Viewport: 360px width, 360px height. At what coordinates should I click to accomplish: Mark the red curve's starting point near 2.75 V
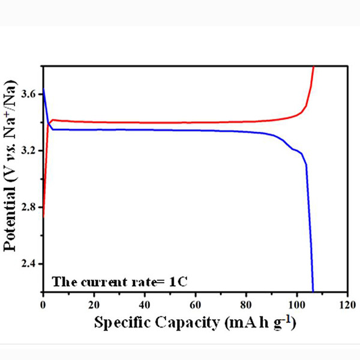[43, 216]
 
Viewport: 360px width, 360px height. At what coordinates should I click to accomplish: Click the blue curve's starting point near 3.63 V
[43, 89]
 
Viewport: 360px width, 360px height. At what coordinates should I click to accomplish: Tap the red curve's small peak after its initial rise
[53, 120]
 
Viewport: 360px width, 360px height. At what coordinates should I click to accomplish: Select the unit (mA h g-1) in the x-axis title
[259, 322]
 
